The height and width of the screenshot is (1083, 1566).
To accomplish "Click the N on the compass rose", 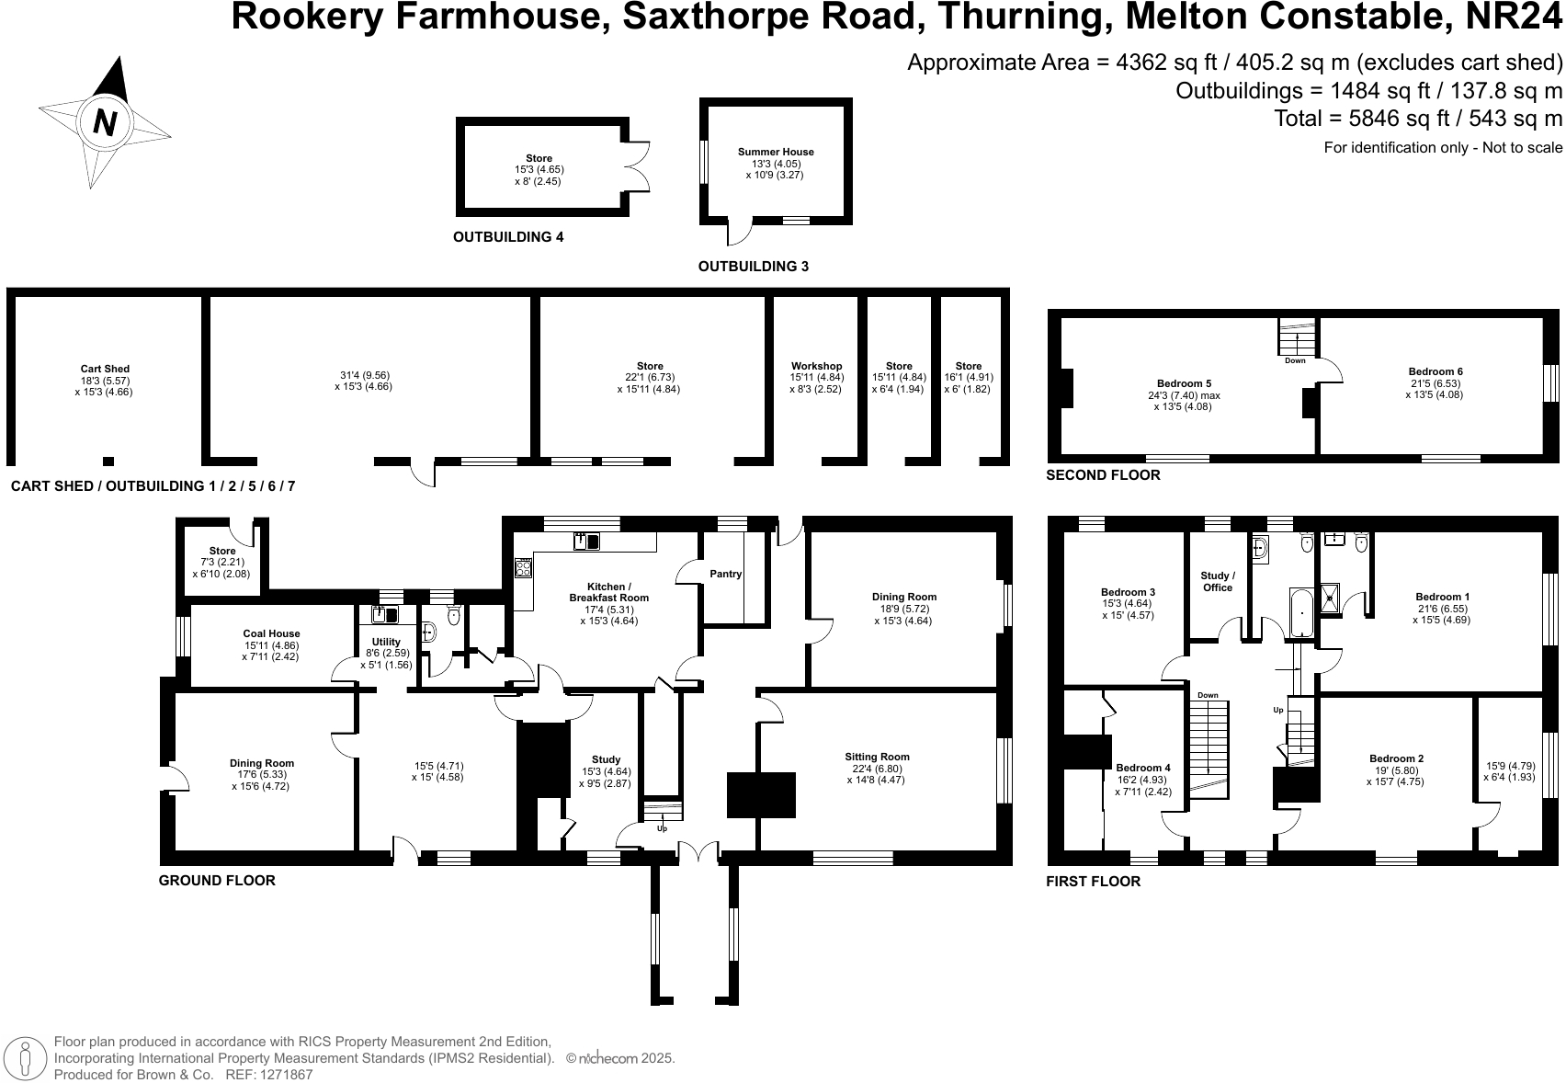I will click(x=106, y=121).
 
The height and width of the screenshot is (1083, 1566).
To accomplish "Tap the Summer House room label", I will click(x=776, y=153).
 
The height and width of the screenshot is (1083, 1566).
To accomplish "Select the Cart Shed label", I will click(x=105, y=370).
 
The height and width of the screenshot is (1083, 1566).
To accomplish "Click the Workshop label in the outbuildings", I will click(x=816, y=366).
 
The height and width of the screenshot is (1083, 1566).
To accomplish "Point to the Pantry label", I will click(x=726, y=575).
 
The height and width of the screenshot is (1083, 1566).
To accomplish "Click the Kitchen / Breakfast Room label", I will click(x=608, y=592).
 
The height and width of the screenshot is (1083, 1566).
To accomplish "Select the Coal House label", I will click(x=271, y=633).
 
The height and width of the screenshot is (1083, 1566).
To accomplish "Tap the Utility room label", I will click(x=386, y=642).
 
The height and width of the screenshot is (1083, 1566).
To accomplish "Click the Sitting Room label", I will click(x=877, y=758).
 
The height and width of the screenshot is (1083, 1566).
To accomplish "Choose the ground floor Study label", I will click(x=606, y=760).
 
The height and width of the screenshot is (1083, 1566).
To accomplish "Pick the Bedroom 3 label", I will click(x=1128, y=593).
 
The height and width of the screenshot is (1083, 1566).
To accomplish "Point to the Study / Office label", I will click(x=1218, y=581).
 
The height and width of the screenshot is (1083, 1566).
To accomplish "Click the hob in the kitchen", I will click(x=523, y=568).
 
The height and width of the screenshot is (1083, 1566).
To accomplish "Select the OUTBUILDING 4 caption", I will click(x=508, y=237).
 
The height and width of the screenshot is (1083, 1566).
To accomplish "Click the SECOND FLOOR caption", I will click(x=1103, y=475).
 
